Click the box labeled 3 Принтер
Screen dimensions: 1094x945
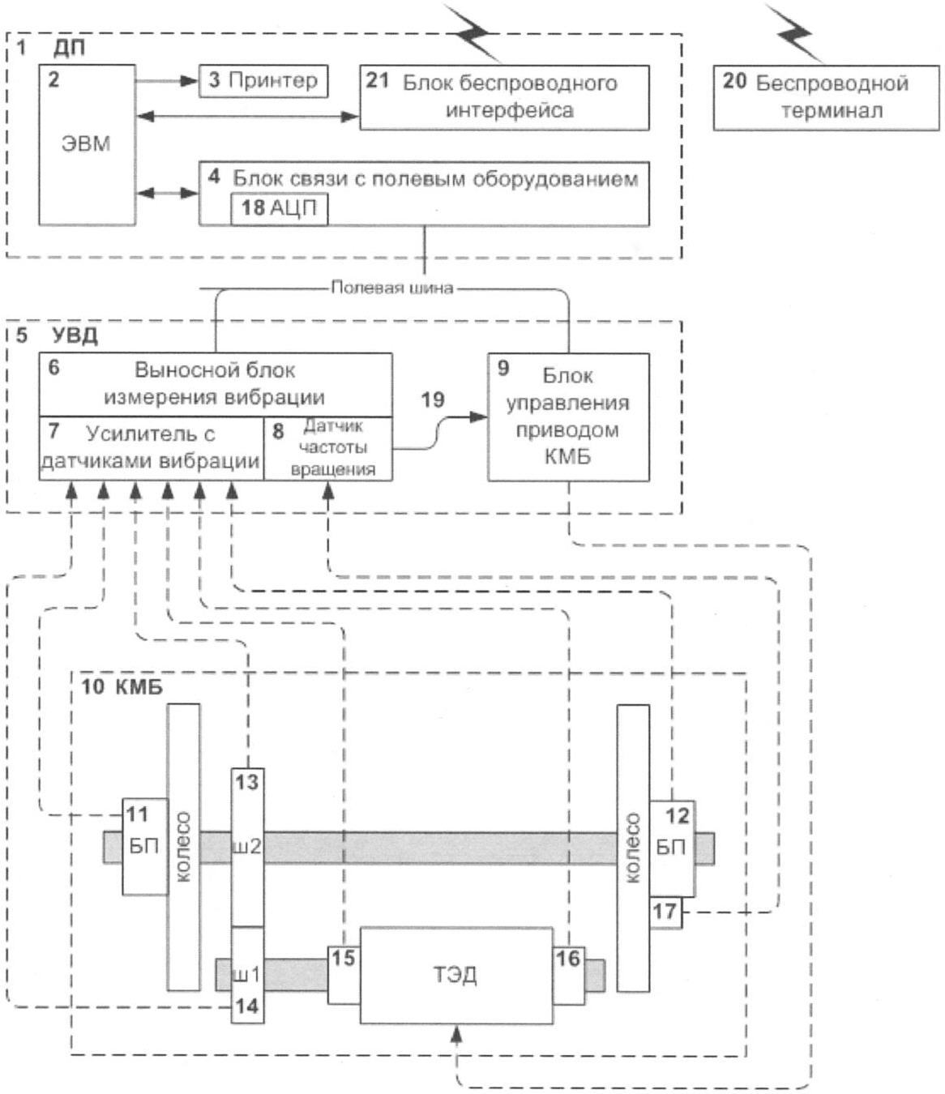263,80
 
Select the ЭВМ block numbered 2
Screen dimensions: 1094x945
87,144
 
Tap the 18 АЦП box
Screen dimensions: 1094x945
279,208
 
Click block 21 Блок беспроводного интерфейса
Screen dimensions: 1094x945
504,97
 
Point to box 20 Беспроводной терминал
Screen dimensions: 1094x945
826,97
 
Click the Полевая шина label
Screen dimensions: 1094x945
391,288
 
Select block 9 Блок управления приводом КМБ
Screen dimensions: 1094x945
567,417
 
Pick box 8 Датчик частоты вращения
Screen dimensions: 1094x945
328,448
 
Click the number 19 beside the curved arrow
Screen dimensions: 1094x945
433,400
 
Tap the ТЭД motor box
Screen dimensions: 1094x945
456,975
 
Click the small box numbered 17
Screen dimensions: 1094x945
665,912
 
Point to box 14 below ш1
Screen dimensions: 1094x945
247,1006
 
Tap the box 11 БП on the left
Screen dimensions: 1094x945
144,847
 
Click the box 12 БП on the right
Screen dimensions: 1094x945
672,847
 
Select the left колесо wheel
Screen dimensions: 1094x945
183,847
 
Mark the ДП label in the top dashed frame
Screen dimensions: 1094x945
70,48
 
